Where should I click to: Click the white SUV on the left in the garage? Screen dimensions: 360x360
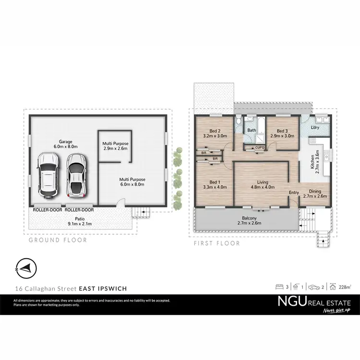[x=48, y=175]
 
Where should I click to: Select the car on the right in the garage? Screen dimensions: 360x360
[x=75, y=175]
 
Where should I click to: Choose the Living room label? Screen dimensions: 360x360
[x=262, y=184]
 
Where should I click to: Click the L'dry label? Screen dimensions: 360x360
[x=315, y=127]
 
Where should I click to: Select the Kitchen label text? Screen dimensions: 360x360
[x=312, y=163]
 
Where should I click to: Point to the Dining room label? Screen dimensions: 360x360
[x=314, y=193]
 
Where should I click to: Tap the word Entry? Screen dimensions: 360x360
[x=293, y=193]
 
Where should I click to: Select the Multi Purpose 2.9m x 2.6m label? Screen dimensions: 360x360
[x=115, y=146]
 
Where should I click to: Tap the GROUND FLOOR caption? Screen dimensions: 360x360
[x=58, y=240]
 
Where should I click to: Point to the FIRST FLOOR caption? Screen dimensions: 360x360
[x=216, y=243]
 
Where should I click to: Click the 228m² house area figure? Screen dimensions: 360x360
[x=344, y=287]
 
